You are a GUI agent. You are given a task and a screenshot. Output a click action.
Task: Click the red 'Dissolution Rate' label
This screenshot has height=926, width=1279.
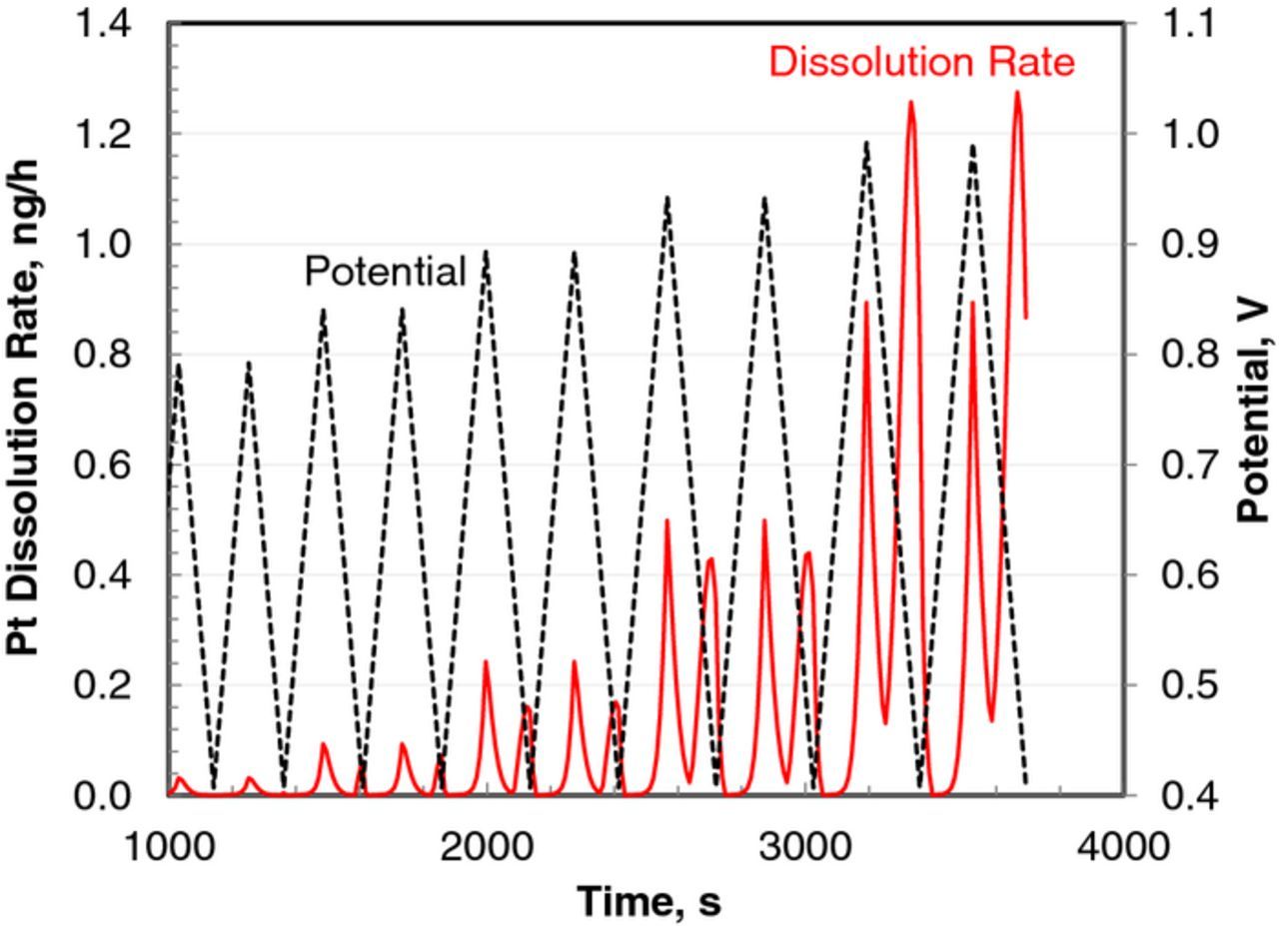point(921,62)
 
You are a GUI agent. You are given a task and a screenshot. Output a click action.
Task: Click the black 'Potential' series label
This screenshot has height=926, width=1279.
point(385,271)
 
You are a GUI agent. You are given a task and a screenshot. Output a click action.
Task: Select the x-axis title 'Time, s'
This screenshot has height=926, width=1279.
point(648,902)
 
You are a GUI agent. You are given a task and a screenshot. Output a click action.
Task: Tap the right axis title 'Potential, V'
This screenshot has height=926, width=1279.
point(1253,409)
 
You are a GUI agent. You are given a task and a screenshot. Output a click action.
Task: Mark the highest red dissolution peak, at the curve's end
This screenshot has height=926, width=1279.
point(1017,93)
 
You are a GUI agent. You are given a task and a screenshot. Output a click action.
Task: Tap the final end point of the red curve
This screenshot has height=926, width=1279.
point(1026,318)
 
